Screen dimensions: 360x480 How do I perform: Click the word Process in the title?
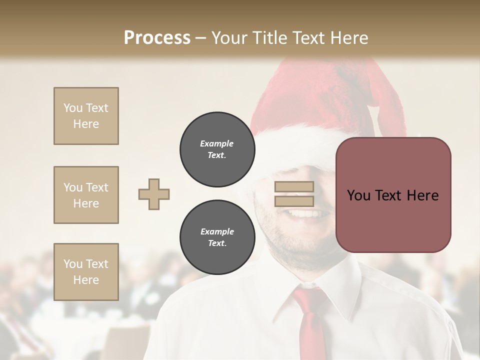(157, 37)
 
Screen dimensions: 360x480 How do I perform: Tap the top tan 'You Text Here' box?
(86, 116)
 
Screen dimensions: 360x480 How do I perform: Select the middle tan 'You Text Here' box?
(86, 195)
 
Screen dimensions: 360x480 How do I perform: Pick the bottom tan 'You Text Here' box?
(86, 271)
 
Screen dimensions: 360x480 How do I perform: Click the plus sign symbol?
(154, 194)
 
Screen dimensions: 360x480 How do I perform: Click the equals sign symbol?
(294, 194)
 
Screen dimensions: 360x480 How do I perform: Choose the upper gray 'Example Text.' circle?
(217, 149)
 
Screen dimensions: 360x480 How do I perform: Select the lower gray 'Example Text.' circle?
(217, 237)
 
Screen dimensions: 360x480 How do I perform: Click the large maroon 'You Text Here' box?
(393, 195)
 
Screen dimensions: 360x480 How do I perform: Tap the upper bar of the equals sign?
(294, 187)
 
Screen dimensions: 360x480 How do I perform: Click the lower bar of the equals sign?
(294, 201)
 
